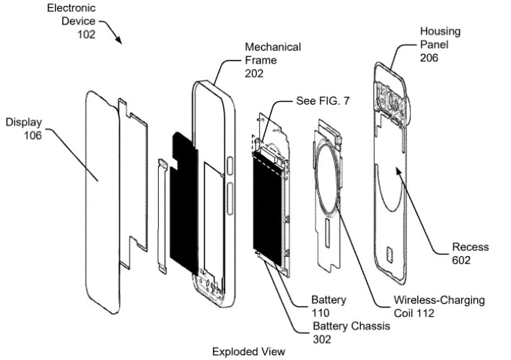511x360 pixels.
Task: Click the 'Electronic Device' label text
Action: point(72,15)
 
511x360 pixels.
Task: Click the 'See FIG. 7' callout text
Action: point(323,101)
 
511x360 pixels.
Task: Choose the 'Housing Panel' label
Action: point(440,38)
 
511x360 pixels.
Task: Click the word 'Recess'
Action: point(470,247)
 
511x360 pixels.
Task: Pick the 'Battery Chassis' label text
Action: point(351,326)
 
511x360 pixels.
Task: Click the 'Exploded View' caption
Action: point(249,351)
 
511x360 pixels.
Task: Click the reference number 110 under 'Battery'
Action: point(321,312)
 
